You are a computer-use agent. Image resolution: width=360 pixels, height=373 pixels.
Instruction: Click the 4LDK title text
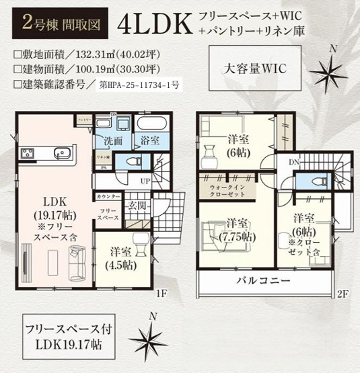tap(155, 24)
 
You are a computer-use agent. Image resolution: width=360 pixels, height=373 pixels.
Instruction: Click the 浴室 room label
tap(149, 140)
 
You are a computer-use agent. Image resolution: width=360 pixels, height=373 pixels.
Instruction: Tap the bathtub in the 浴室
tap(150, 124)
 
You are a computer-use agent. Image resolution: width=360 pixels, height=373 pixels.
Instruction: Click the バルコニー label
tap(262, 280)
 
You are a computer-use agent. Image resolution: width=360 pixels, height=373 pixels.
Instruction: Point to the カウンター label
tap(108, 196)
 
